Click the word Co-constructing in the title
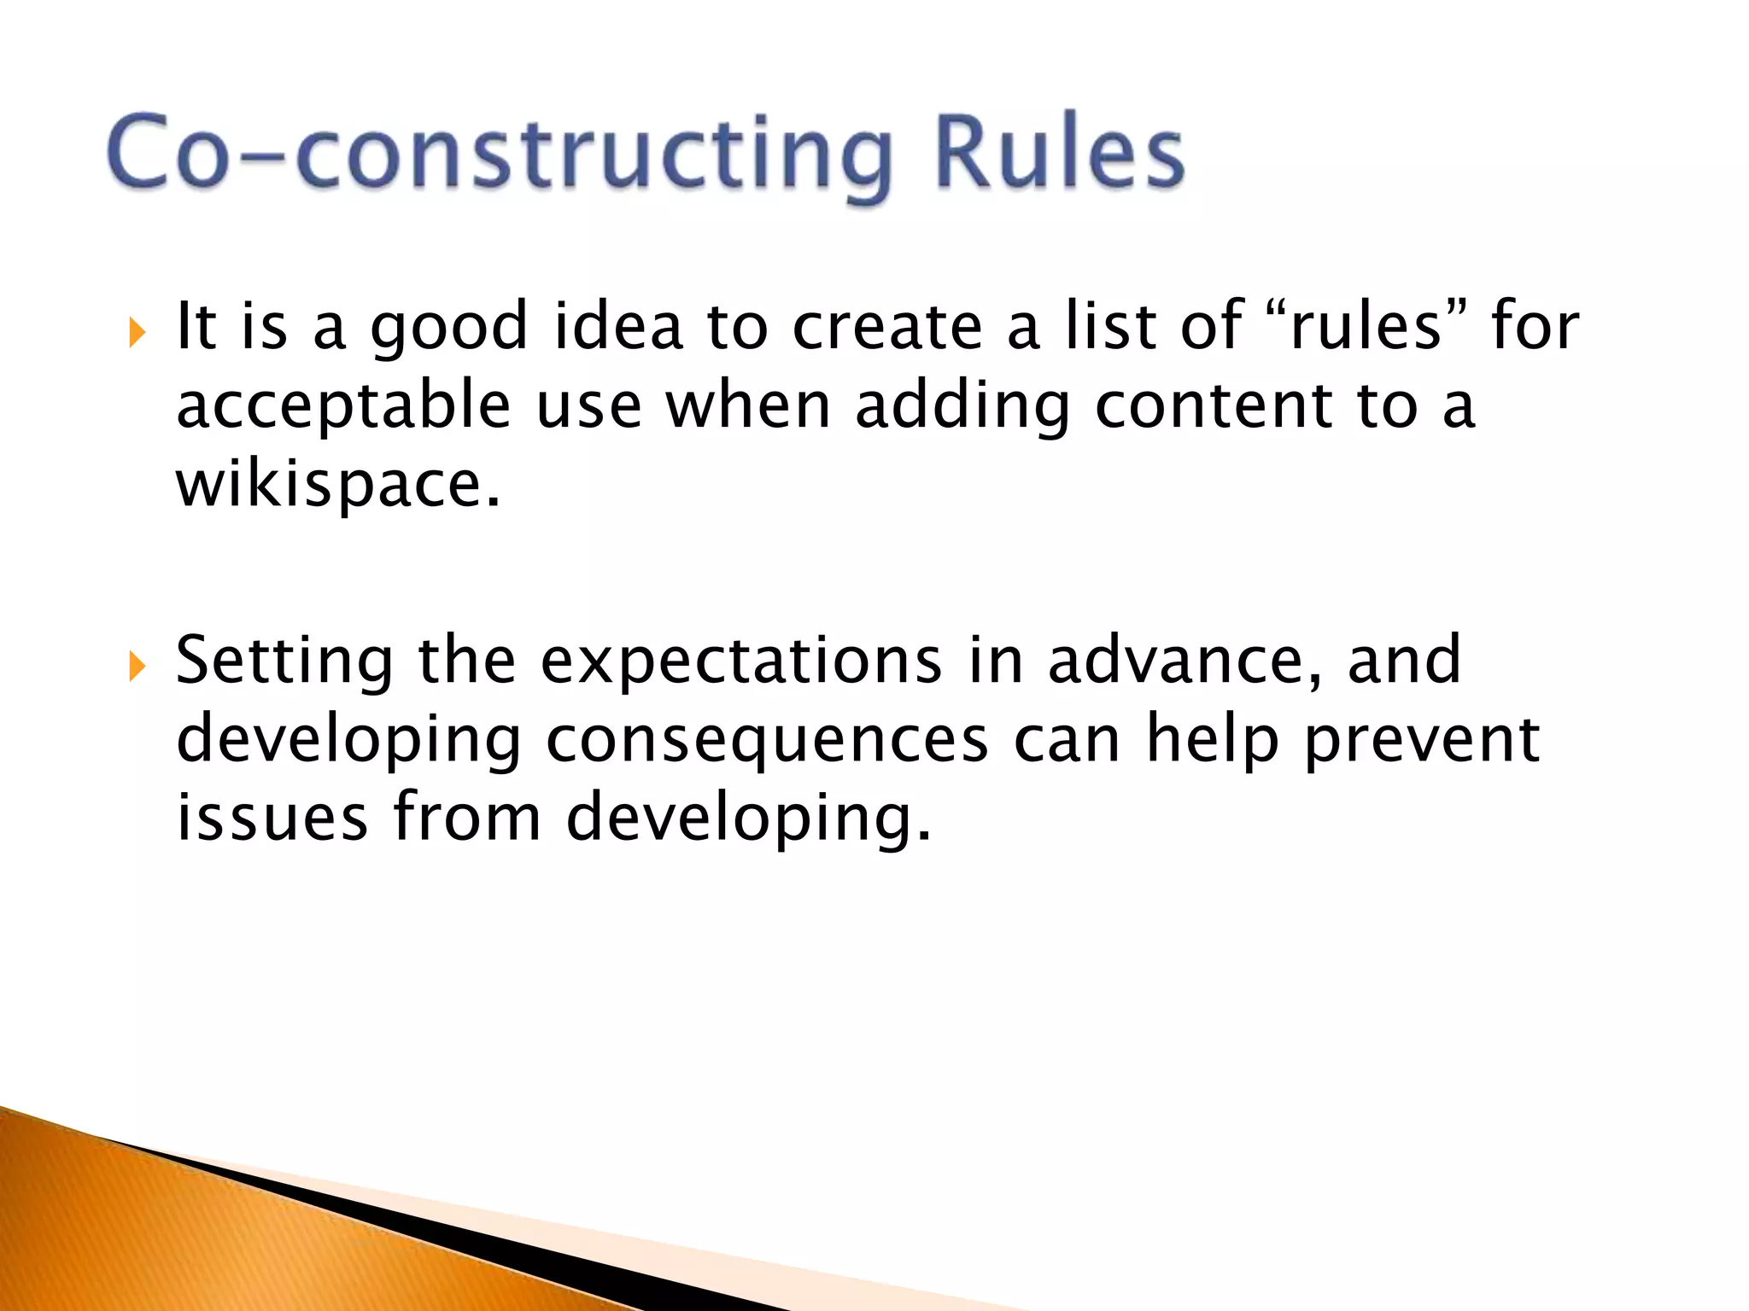(500, 154)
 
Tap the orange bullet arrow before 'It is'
(137, 332)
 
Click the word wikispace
(337, 485)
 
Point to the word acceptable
(342, 407)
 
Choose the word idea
(618, 326)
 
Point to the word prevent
(1422, 740)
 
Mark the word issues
(272, 818)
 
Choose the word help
(1211, 740)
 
